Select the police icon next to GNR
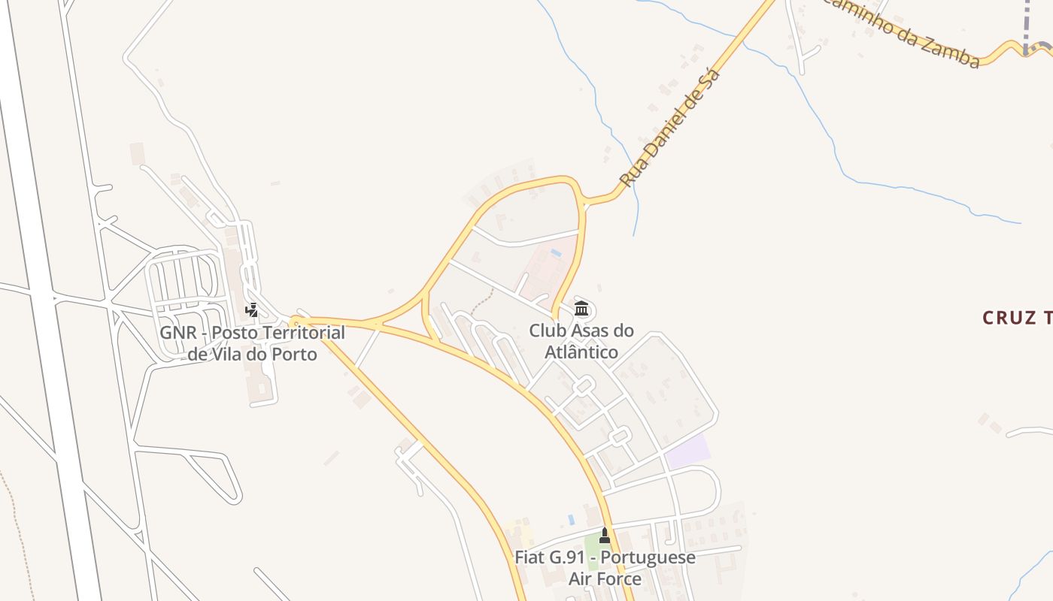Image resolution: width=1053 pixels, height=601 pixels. tap(252, 310)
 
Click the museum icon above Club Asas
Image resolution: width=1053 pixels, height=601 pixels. tap(581, 309)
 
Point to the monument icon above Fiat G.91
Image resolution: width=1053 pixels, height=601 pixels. tap(605, 536)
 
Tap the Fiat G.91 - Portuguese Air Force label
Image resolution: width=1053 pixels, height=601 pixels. tap(605, 568)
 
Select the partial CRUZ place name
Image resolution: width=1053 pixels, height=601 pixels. tap(1015, 318)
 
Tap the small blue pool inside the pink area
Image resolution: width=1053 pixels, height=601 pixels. tap(555, 253)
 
